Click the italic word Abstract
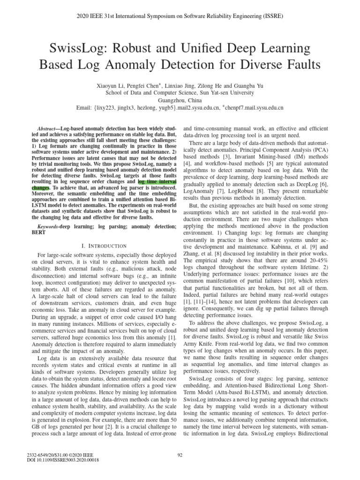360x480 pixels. coord(45,128)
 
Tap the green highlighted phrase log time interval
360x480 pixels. coord(157,180)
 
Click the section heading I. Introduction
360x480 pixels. coord(101,246)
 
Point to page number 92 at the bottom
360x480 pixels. coord(180,454)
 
